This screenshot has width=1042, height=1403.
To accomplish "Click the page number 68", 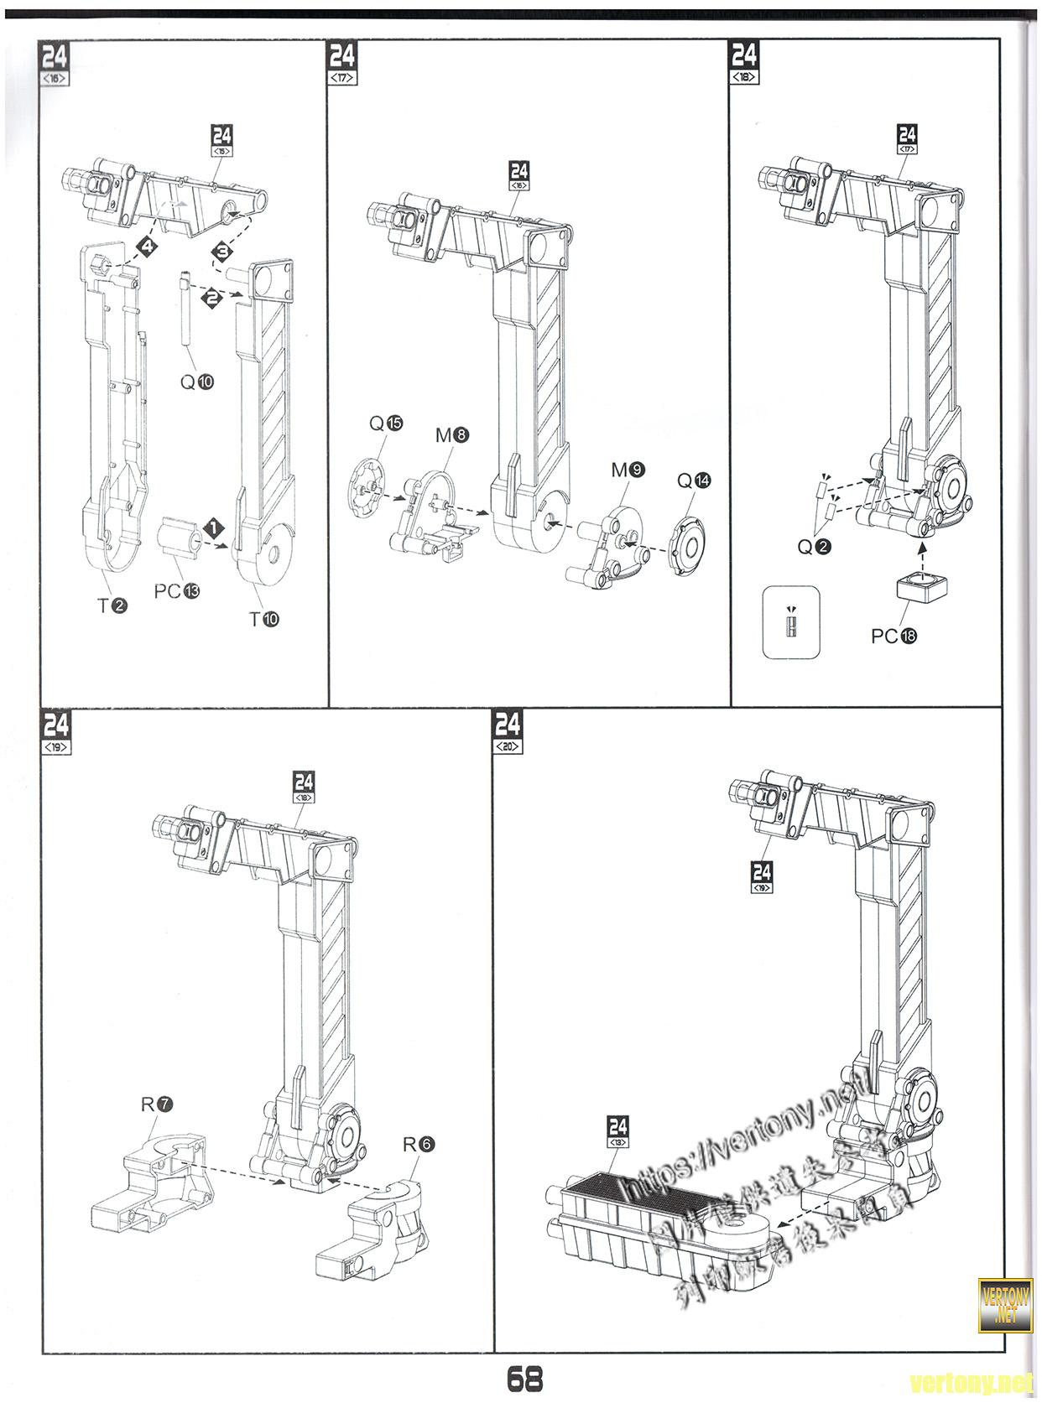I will tap(524, 1378).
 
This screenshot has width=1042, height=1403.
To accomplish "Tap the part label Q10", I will tap(197, 382).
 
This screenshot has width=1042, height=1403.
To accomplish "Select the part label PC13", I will tap(177, 590).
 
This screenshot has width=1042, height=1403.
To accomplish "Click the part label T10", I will tap(263, 619).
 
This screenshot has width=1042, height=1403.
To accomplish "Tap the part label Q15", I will tap(386, 424).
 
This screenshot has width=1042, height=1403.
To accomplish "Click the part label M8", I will tap(452, 435).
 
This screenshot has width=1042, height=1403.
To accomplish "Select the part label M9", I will tap(628, 470).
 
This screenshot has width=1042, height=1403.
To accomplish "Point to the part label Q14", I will tap(694, 481).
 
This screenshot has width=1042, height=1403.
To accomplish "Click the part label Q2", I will tap(814, 547).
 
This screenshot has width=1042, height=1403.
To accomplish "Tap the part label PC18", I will tap(894, 636).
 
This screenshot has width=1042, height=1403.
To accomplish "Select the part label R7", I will tap(157, 1104).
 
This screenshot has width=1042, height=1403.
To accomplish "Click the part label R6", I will tap(419, 1144).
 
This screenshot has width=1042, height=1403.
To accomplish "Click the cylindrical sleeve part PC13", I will tap(180, 537).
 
